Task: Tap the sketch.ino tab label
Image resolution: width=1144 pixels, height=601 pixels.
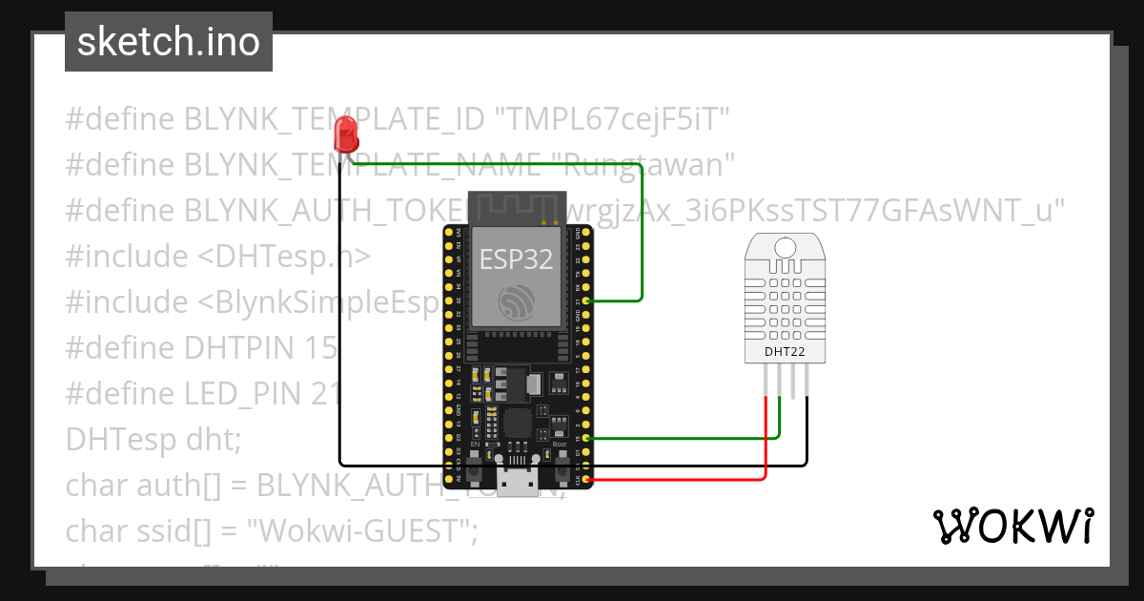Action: (x=168, y=42)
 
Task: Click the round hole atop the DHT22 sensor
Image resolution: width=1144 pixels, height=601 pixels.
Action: (x=786, y=247)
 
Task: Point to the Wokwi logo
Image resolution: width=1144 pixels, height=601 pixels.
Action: (x=1012, y=526)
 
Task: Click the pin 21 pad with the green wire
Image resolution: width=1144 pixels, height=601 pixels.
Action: (x=587, y=300)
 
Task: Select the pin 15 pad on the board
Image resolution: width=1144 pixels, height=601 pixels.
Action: (x=587, y=437)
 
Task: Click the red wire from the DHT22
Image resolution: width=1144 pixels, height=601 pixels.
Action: (x=766, y=448)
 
